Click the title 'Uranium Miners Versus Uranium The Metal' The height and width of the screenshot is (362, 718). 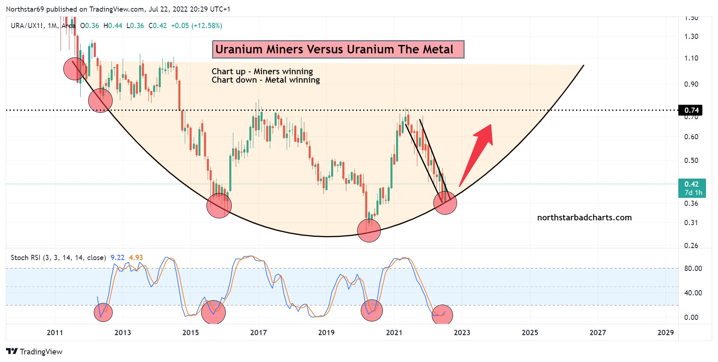pos(338,49)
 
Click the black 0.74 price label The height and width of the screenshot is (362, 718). pos(691,110)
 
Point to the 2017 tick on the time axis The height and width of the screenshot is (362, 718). pos(258,332)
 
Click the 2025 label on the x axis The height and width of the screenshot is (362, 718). pos(530,332)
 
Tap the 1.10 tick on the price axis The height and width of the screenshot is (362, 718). pos(691,58)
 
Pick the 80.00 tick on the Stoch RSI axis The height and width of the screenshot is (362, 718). pos(693,268)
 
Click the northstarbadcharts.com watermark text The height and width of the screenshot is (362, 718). pos(584,218)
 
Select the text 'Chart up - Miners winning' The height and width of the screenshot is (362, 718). pos(262,71)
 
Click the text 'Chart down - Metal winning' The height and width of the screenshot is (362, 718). pos(265,80)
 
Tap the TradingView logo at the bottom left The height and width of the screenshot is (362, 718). pos(34,352)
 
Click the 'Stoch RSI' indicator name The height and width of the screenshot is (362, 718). pos(25,258)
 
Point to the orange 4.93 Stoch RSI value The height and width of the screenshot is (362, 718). pos(136,258)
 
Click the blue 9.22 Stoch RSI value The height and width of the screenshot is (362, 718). pos(117,258)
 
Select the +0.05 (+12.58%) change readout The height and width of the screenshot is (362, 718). pos(196,26)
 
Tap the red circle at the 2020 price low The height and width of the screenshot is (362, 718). pos(369,231)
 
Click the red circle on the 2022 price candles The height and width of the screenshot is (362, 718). pos(445,203)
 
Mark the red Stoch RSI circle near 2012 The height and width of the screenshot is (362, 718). pos(103,312)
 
